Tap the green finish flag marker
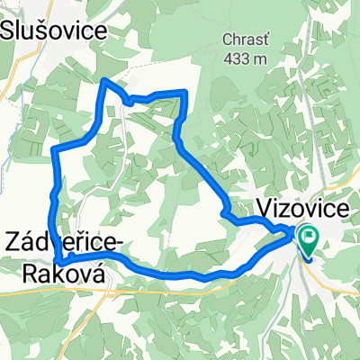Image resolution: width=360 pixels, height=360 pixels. [x=309, y=240]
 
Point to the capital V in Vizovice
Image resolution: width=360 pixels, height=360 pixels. [x=266, y=206]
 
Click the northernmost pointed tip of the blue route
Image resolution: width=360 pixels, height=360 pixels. [x=106, y=80]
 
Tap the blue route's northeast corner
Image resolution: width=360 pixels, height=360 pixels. [x=184, y=92]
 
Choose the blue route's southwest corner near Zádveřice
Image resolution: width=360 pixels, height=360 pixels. [x=58, y=260]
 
